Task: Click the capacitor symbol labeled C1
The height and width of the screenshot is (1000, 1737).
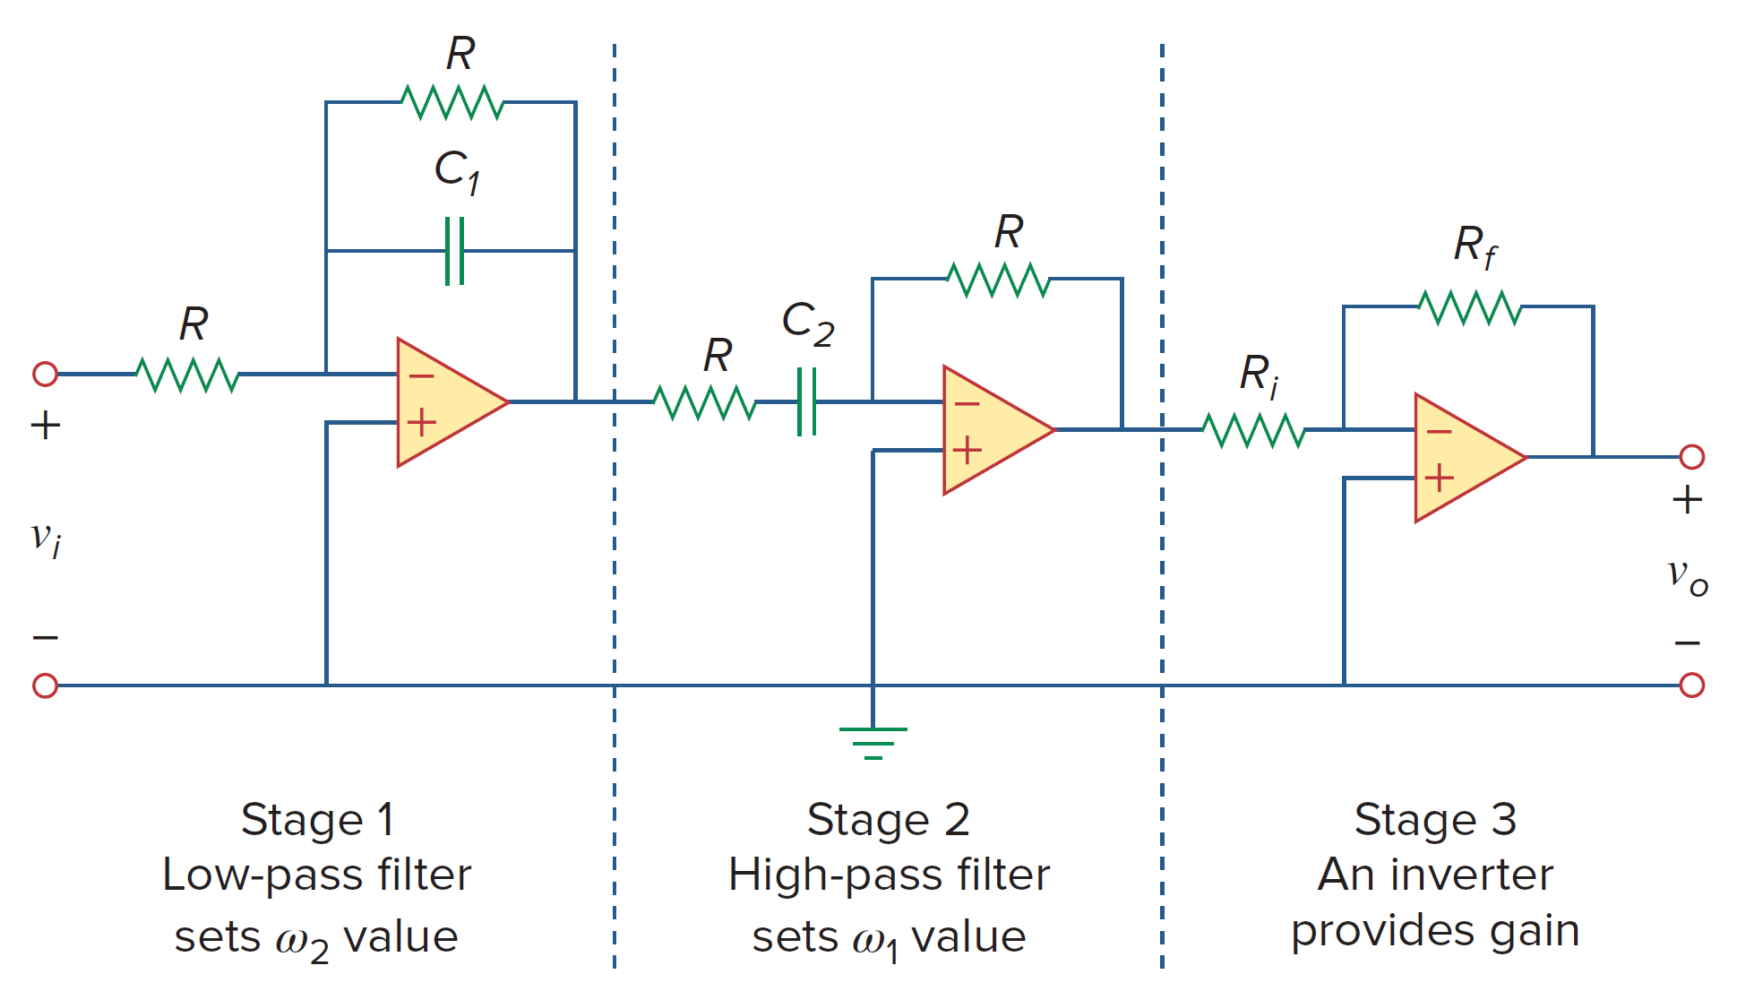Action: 455,251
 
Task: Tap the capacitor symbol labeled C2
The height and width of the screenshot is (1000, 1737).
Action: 806,401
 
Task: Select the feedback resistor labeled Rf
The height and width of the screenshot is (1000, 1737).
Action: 1470,307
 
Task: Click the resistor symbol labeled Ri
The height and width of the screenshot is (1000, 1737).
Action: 1253,430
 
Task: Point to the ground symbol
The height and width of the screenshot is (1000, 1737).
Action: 873,742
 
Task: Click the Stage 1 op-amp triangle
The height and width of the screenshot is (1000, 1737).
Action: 446,402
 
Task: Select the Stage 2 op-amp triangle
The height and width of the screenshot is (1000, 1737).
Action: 993,430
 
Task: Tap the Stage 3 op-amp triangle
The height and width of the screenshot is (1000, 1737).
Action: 1464,457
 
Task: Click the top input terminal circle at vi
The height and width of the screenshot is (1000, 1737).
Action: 45,374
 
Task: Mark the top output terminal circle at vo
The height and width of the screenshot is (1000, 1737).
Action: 1691,457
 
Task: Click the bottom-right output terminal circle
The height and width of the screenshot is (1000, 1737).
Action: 1691,685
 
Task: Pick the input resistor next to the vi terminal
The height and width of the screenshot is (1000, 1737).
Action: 187,375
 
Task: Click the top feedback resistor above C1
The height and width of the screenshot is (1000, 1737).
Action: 452,102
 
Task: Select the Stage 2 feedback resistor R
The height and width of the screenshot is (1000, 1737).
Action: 998,280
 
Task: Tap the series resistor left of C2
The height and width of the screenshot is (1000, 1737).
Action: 704,402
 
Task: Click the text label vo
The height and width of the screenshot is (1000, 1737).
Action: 1687,575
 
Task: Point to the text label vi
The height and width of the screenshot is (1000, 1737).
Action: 46,538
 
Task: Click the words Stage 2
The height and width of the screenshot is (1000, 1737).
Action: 888,819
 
